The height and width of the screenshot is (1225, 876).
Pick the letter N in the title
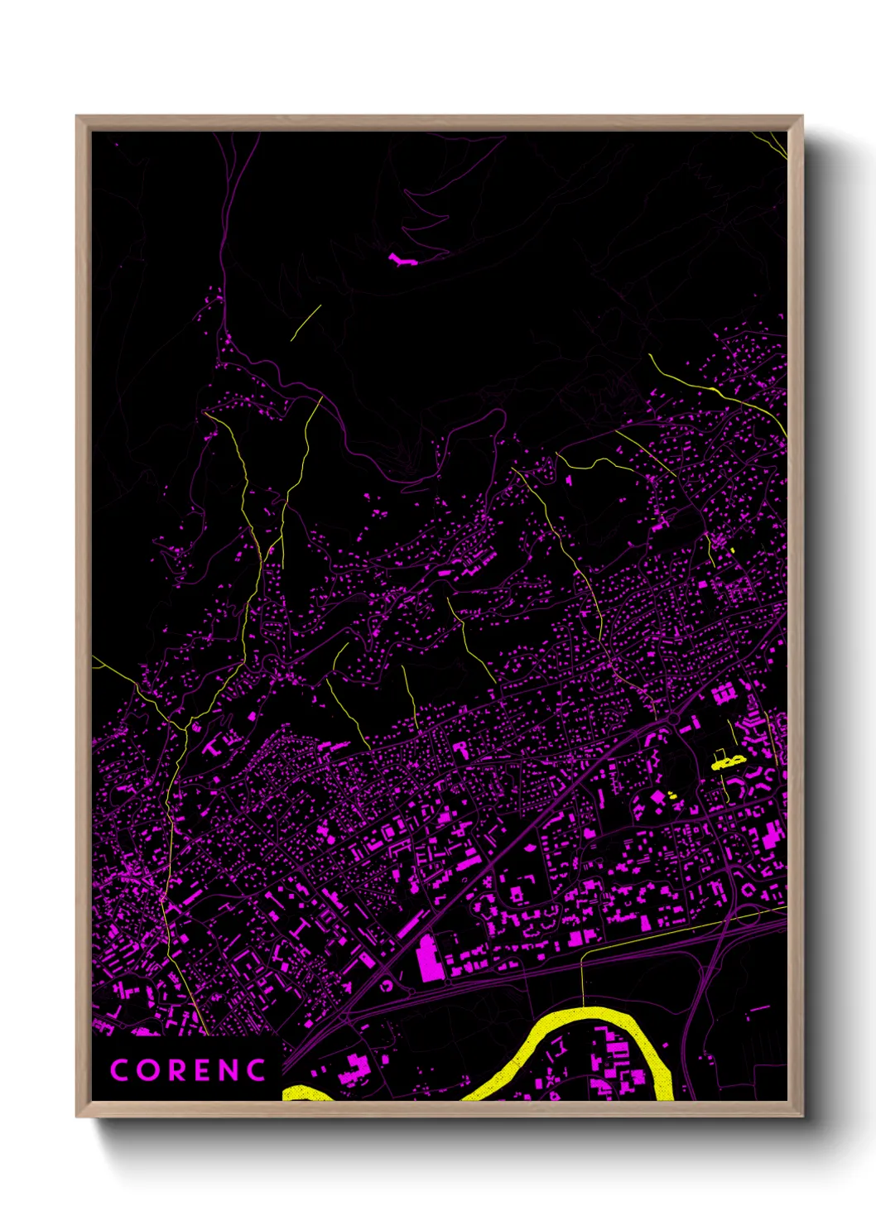pos(229,1070)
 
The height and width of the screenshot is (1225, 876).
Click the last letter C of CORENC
pos(258,1070)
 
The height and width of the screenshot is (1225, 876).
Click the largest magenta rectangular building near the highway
pos(426,958)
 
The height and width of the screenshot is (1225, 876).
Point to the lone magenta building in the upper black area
pos(403,260)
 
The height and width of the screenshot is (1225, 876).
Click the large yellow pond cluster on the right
pos(728,761)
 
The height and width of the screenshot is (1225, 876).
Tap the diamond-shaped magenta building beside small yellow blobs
pos(658,796)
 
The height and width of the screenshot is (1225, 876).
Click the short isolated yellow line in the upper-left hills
pos(306,323)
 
